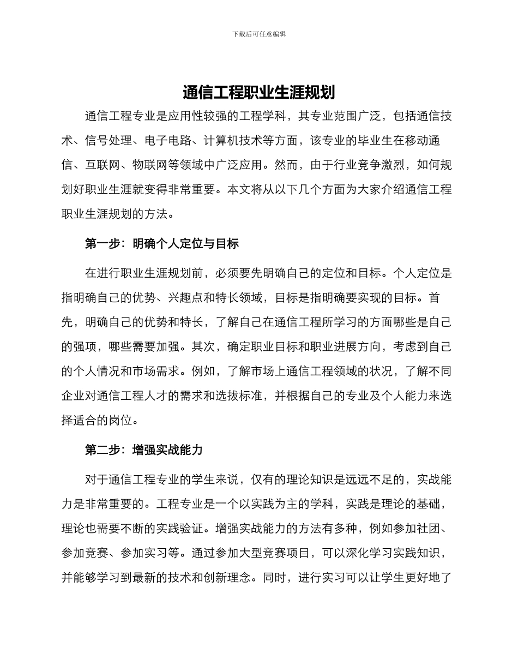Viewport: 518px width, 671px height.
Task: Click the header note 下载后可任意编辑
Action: click(259, 34)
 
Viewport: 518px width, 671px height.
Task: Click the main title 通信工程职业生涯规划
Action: click(259, 92)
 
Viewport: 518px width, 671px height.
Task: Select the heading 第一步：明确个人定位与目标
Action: click(161, 244)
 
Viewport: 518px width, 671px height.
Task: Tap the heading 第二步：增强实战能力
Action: click(143, 450)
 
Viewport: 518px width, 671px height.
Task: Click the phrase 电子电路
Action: click(168, 140)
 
